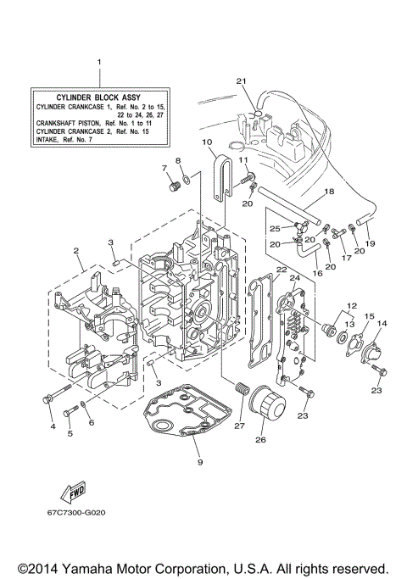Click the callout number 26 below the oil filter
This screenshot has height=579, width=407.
pyautogui.click(x=260, y=439)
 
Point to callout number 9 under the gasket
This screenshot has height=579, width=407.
pyautogui.click(x=200, y=462)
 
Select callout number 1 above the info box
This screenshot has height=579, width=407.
pyautogui.click(x=99, y=63)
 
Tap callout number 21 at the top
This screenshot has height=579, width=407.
pyautogui.click(x=240, y=81)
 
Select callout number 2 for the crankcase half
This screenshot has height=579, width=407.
pyautogui.click(x=76, y=252)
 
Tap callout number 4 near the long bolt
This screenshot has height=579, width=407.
pyautogui.click(x=52, y=426)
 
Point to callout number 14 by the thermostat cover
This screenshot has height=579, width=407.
pyautogui.click(x=382, y=324)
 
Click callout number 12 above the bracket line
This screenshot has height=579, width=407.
pyautogui.click(x=352, y=306)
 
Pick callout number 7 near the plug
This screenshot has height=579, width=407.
pyautogui.click(x=165, y=169)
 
